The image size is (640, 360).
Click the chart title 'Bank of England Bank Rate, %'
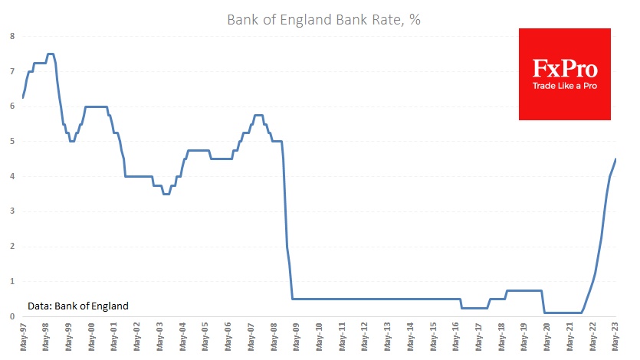323,20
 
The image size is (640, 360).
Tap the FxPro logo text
565,68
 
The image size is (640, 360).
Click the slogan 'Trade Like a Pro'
565,85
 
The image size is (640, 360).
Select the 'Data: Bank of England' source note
78,306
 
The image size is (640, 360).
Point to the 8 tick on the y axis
11,36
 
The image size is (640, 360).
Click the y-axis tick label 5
11,142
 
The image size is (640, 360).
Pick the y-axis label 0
11,316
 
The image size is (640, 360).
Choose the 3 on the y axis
11,211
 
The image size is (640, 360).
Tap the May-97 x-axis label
23,336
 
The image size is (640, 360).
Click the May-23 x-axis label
616,336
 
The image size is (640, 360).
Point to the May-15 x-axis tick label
434,336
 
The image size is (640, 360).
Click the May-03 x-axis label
160,336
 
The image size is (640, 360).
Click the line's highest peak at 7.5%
50,54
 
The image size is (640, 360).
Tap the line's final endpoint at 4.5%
616,159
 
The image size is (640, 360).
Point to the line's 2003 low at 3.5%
166,194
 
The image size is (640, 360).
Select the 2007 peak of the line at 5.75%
258,115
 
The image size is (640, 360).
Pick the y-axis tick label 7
11,71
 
